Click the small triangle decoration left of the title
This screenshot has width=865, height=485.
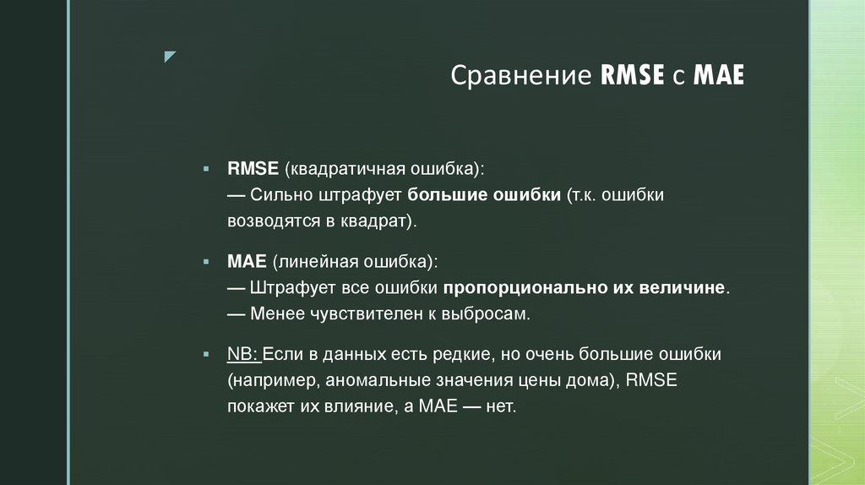click(170, 57)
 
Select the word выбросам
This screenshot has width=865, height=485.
click(491, 313)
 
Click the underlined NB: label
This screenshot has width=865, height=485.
click(244, 355)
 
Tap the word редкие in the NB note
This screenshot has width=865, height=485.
click(469, 355)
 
